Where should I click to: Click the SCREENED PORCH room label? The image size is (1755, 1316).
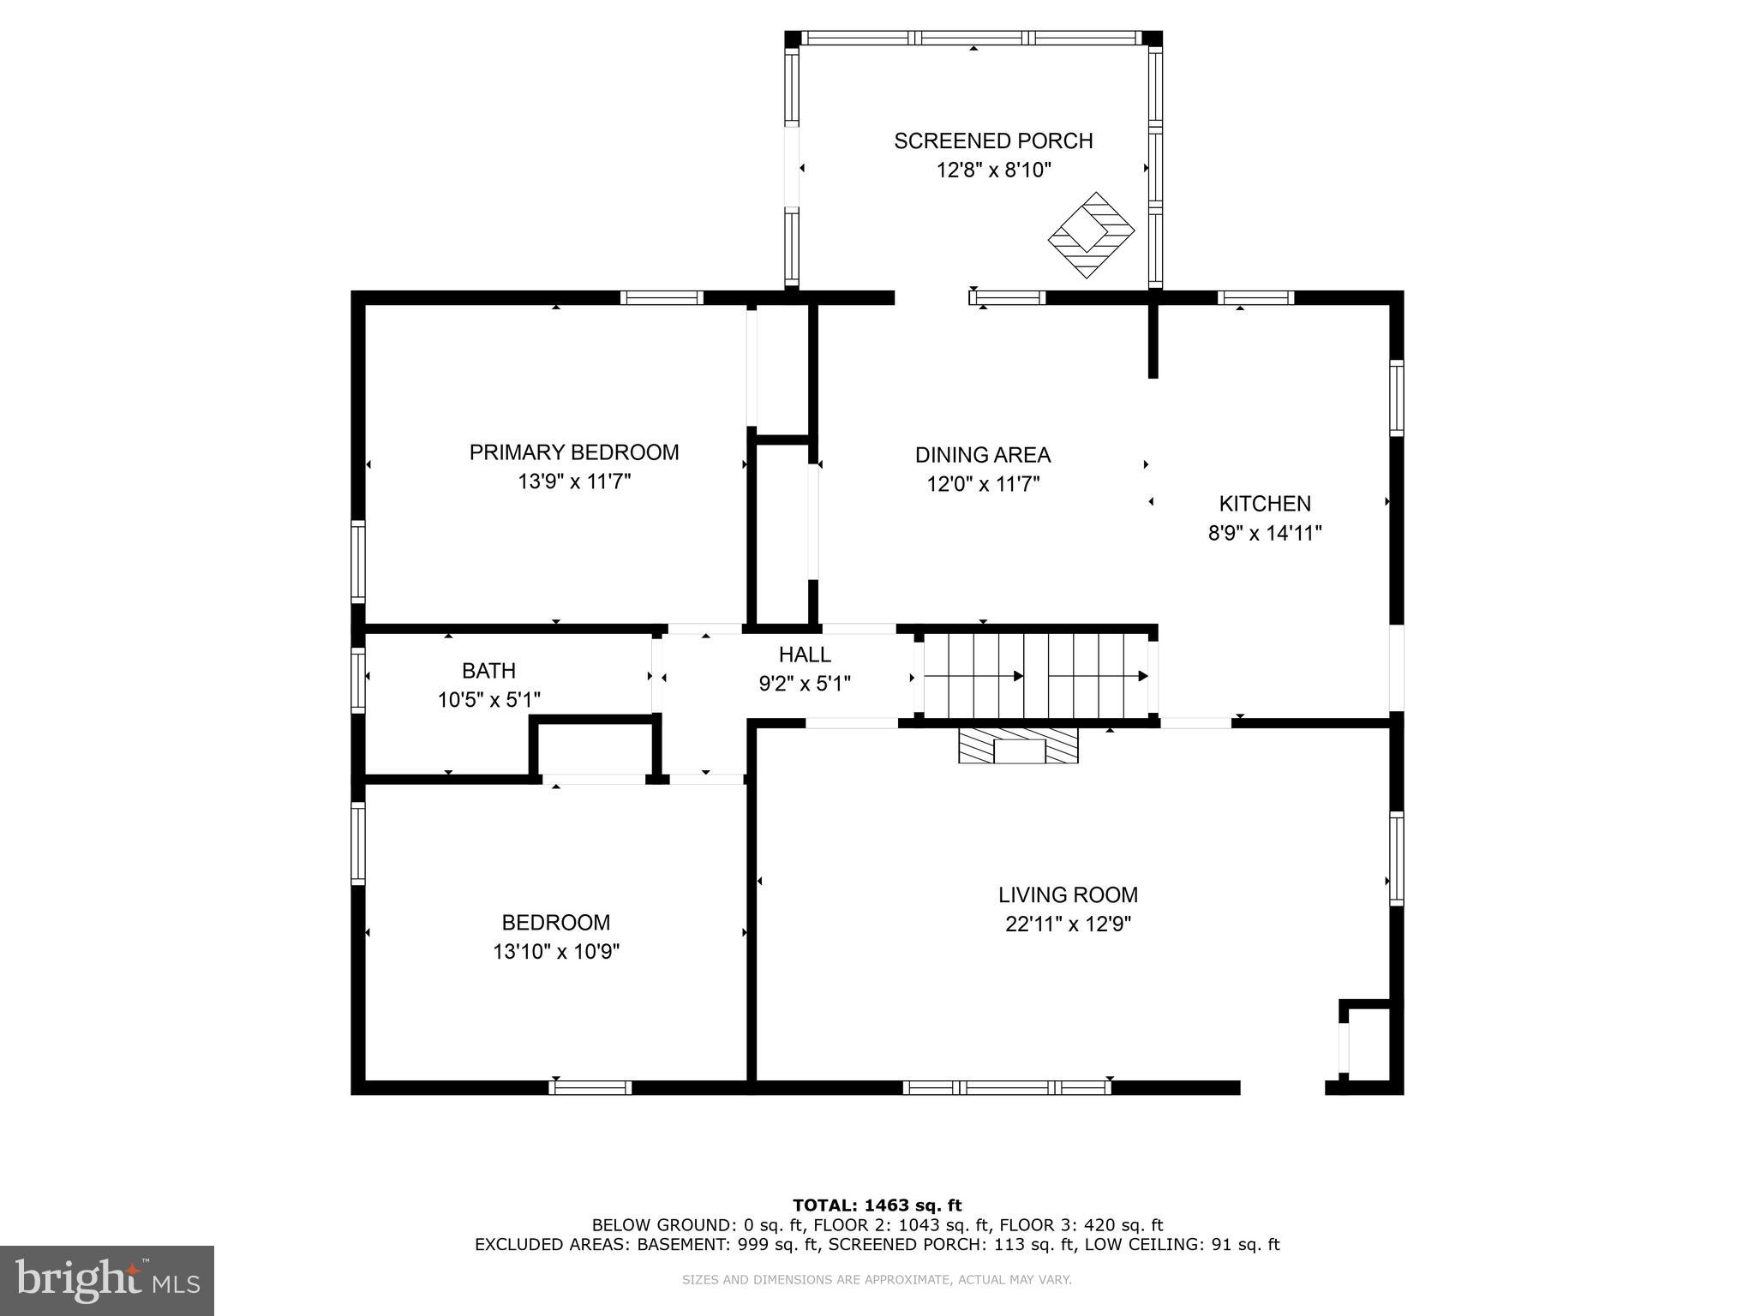(993, 141)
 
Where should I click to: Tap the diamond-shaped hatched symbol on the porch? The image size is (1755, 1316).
(1091, 235)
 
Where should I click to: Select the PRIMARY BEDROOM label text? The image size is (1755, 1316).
(574, 452)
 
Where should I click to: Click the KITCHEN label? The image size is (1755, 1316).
(1265, 504)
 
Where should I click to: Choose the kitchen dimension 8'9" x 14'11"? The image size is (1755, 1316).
(1265, 534)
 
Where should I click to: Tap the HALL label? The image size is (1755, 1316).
(805, 655)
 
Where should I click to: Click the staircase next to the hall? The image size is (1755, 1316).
(1035, 675)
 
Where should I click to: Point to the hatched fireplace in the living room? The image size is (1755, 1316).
(1018, 745)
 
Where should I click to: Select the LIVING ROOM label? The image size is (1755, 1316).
(1068, 894)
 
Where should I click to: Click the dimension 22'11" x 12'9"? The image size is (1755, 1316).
(1068, 924)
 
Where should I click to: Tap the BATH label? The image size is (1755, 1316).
(488, 671)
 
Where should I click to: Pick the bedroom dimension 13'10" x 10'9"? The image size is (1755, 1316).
(556, 952)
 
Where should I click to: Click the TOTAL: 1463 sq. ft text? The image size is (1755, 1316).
(877, 1206)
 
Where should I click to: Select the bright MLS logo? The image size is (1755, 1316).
(107, 1280)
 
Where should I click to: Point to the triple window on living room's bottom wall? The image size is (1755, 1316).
(1007, 1087)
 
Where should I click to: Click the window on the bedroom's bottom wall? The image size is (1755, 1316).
(590, 1087)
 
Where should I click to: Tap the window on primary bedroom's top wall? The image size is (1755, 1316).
(662, 298)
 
